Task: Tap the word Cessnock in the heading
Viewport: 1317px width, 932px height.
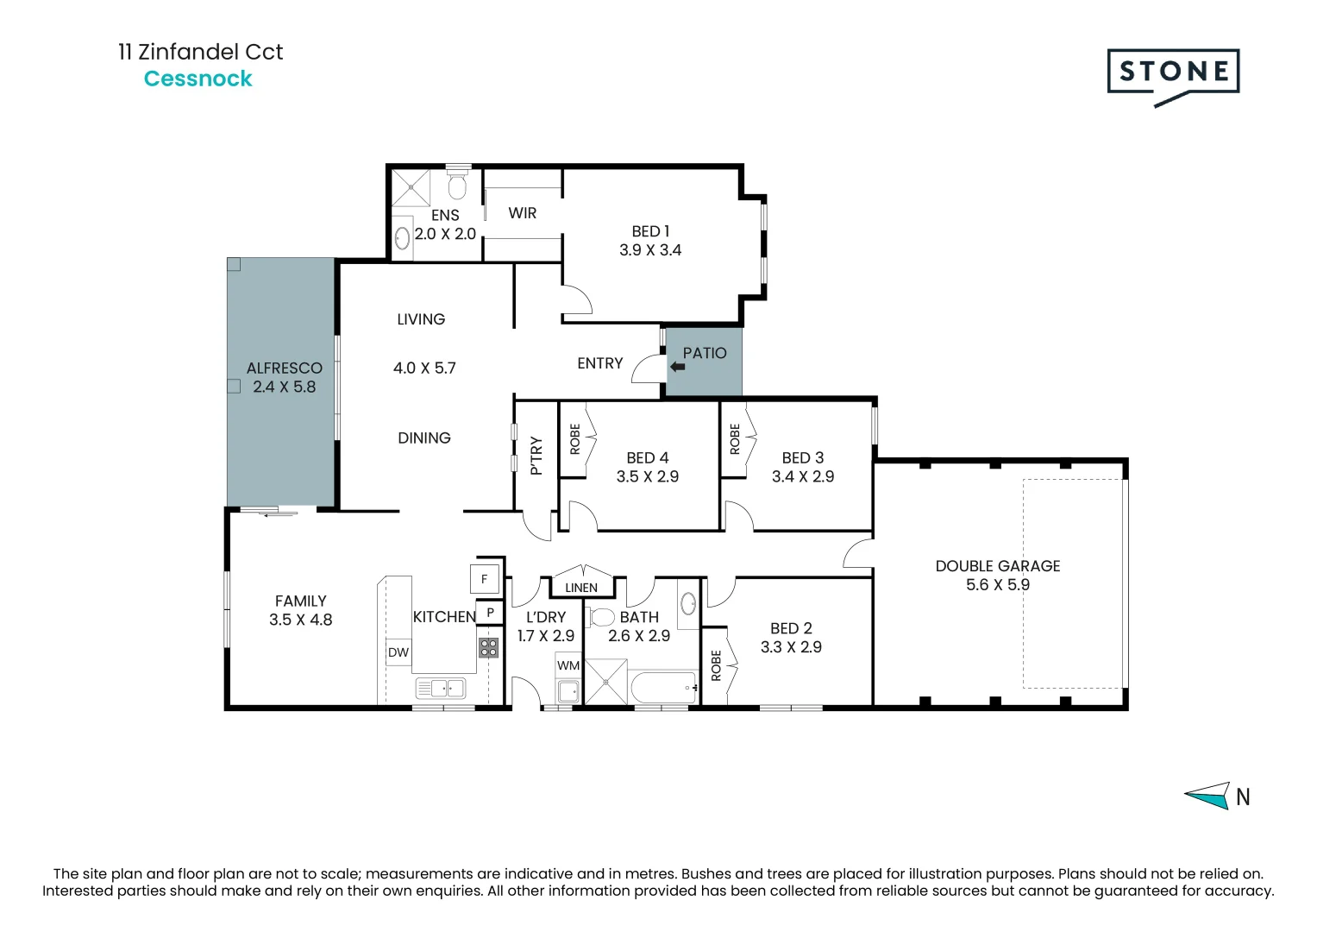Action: click(198, 79)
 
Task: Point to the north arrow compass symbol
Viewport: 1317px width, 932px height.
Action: click(1207, 796)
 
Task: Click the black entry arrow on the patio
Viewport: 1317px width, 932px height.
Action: click(677, 367)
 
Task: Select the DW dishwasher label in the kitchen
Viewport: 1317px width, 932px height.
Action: click(398, 652)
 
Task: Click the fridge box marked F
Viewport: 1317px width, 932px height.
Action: click(485, 579)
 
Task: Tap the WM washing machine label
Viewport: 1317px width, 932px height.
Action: click(568, 665)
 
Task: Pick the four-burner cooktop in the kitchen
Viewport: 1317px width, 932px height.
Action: click(489, 648)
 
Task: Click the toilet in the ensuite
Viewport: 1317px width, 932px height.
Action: click(457, 181)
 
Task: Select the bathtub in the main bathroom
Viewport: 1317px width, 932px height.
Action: click(664, 687)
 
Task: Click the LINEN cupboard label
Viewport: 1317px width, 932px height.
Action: click(581, 587)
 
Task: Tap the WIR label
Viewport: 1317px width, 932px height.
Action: click(522, 213)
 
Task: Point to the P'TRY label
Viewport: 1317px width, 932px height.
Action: click(536, 456)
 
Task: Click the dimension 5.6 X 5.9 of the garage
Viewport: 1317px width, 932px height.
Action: click(998, 584)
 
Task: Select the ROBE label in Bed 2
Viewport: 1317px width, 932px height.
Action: click(716, 665)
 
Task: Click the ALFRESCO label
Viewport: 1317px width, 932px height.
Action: click(285, 368)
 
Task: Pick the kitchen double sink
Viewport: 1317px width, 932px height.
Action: click(441, 688)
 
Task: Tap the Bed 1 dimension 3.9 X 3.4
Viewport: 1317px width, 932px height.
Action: click(650, 250)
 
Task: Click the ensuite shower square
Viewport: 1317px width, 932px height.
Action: click(411, 187)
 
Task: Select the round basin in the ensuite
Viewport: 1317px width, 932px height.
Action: click(402, 239)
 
